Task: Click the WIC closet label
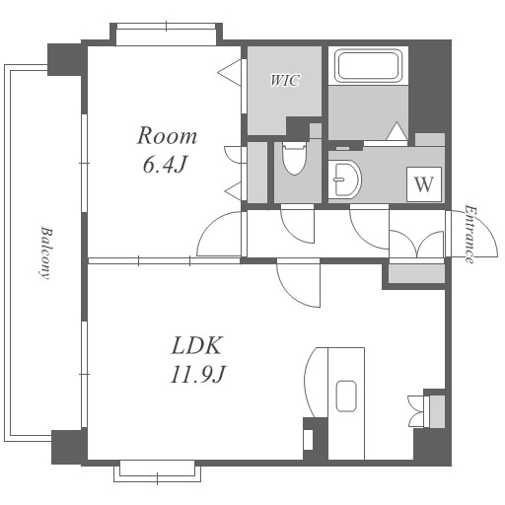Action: pos(285,80)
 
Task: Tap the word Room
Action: pos(167,135)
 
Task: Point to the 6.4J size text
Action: pos(165,165)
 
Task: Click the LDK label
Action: pos(196,345)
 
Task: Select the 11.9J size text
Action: pos(197,374)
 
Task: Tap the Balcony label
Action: pos(46,252)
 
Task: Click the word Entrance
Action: pos(469,234)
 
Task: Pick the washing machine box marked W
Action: pos(424,184)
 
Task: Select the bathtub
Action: pos(369,65)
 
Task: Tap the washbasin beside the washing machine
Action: pos(344,180)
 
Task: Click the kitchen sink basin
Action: pos(346,396)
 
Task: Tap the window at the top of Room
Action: pos(166,27)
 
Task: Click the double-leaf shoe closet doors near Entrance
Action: pos(416,244)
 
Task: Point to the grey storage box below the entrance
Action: pos(416,274)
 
